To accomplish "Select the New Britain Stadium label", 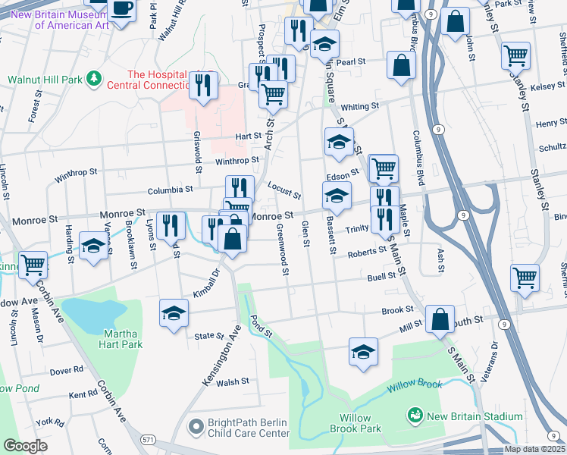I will coord(475,416).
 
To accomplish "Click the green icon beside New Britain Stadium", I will coord(415,416).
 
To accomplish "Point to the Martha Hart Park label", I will coord(121,338).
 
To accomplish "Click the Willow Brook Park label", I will coord(344,423).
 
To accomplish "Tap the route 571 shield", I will coord(149,439).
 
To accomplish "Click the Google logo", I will coord(25,446).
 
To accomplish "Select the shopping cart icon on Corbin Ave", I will coord(33,265).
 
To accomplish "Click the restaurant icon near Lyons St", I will coord(174,224).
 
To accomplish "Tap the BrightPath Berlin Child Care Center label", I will coord(239,428).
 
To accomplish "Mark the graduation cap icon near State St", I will coord(173,312).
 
